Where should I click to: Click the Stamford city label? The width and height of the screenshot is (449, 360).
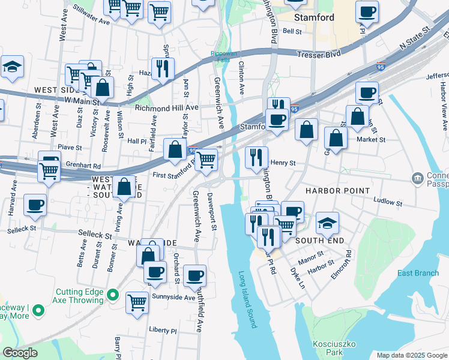(330, 17)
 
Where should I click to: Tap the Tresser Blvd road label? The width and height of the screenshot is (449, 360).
(319, 55)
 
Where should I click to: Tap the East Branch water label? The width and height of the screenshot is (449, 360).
(418, 274)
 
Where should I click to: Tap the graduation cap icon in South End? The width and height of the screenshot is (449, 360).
(327, 222)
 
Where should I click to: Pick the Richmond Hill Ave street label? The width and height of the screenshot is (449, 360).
(166, 108)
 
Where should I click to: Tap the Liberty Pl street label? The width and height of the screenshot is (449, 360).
(163, 331)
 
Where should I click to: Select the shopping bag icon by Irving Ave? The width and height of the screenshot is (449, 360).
(124, 187)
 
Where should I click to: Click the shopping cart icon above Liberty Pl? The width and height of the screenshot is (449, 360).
(137, 301)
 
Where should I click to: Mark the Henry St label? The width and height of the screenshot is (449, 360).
(283, 163)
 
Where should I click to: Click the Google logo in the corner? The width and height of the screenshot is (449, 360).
(20, 353)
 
